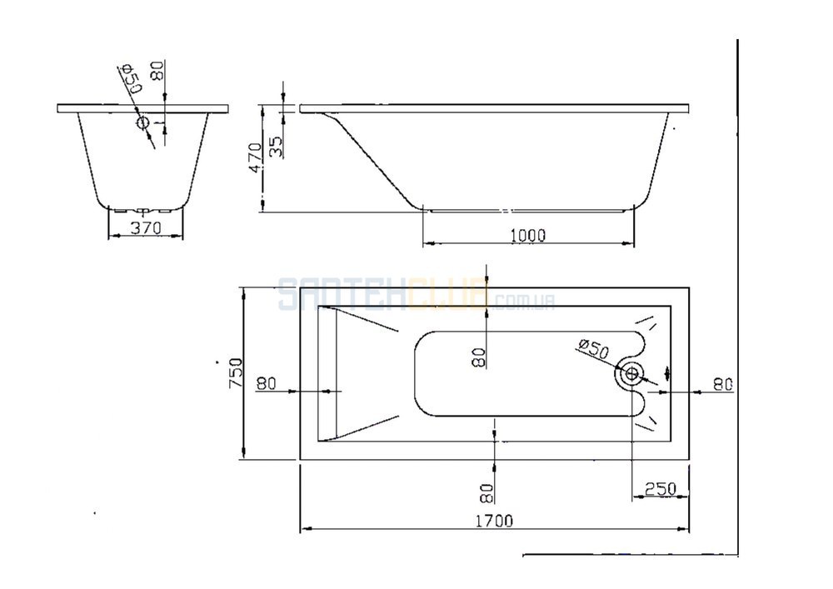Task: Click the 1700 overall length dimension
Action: pos(493,521)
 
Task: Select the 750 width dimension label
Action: pos(236,373)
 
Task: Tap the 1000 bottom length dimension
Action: pos(527,235)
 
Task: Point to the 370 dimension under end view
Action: pos(146,227)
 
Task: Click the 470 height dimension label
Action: pos(255,157)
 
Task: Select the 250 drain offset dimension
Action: pos(661,488)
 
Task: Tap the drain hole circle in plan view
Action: pos(632,374)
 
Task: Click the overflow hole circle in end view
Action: pos(143,123)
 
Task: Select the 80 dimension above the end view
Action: pos(157,71)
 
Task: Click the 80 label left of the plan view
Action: pos(267,383)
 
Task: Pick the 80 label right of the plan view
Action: pos(723,384)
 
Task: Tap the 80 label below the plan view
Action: pos(486,493)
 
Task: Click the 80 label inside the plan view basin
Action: pos(479,357)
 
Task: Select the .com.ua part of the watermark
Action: pos(523,302)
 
